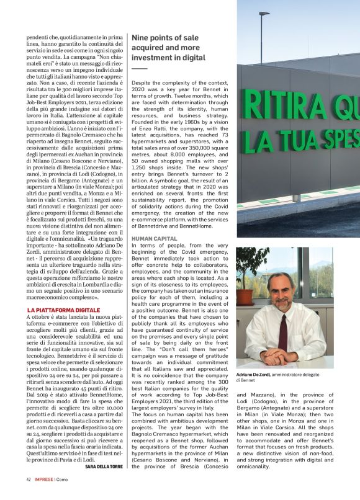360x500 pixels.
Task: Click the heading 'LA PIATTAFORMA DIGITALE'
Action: (63, 309)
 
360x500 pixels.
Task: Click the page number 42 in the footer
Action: (29, 496)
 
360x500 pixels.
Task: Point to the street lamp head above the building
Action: (264, 14)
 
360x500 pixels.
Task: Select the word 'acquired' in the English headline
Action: (148, 48)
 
